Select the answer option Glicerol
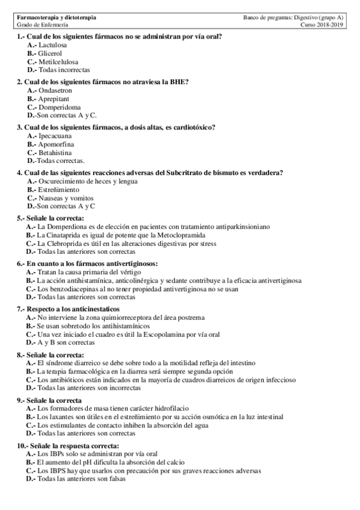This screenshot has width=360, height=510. [50, 54]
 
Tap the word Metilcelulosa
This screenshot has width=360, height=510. [58, 61]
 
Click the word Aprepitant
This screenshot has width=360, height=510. [53, 98]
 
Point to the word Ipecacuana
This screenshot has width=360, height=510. [55, 136]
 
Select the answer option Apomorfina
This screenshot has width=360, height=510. [55, 144]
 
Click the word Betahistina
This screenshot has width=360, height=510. [55, 152]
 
